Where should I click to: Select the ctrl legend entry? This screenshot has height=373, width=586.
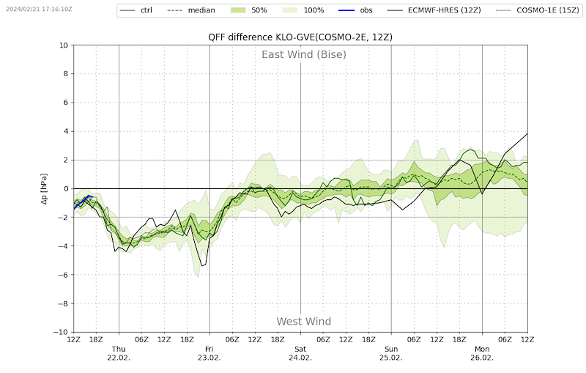click(136, 10)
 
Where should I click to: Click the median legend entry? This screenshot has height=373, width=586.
click(191, 10)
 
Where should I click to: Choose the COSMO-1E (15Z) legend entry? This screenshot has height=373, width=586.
click(538, 10)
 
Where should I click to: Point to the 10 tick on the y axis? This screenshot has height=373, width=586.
click(64, 45)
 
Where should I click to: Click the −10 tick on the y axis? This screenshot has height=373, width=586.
click(62, 332)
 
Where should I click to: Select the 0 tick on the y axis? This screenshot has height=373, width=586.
click(66, 189)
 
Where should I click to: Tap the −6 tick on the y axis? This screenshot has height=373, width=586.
click(63, 275)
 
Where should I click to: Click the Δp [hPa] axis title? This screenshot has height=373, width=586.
click(44, 189)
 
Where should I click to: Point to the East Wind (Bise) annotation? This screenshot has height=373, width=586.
click(304, 54)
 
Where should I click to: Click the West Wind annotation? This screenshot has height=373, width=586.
click(304, 322)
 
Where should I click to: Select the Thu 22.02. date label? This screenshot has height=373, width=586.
click(119, 353)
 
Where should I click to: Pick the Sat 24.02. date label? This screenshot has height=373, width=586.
click(300, 353)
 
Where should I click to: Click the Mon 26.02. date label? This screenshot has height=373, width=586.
click(482, 353)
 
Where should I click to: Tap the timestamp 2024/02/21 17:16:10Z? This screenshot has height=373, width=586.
click(39, 9)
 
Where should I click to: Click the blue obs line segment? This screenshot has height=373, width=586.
click(83, 202)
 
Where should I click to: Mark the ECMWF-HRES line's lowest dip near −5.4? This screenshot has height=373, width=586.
click(202, 266)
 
